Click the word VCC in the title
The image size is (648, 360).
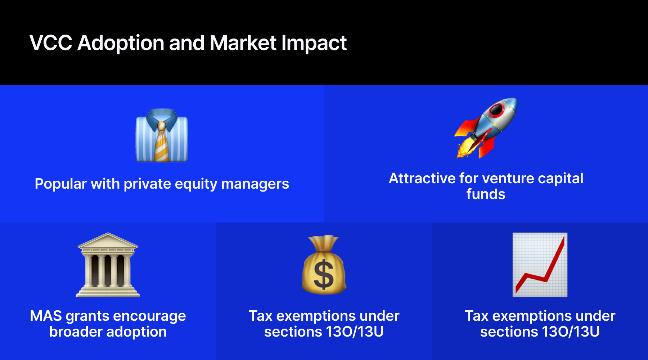pyautogui.click(x=51, y=43)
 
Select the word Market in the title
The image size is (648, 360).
pyautogui.click(x=243, y=43)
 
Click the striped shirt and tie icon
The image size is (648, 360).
pyautogui.click(x=162, y=135)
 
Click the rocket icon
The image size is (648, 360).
pyautogui.click(x=486, y=128)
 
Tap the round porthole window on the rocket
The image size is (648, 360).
pyautogui.click(x=497, y=110)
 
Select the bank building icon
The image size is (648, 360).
pyautogui.click(x=108, y=265)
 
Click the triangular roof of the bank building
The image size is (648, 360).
pyautogui.click(x=108, y=240)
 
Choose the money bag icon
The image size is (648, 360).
pyautogui.click(x=324, y=265)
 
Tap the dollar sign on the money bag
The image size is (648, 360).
pyautogui.click(x=324, y=275)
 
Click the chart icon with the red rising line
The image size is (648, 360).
pyautogui.click(x=540, y=265)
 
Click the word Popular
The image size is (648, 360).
pyautogui.click(x=61, y=184)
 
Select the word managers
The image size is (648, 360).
pyautogui.click(x=255, y=184)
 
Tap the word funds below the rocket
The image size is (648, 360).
pyautogui.click(x=486, y=194)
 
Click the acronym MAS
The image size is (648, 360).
pyautogui.click(x=46, y=316)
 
